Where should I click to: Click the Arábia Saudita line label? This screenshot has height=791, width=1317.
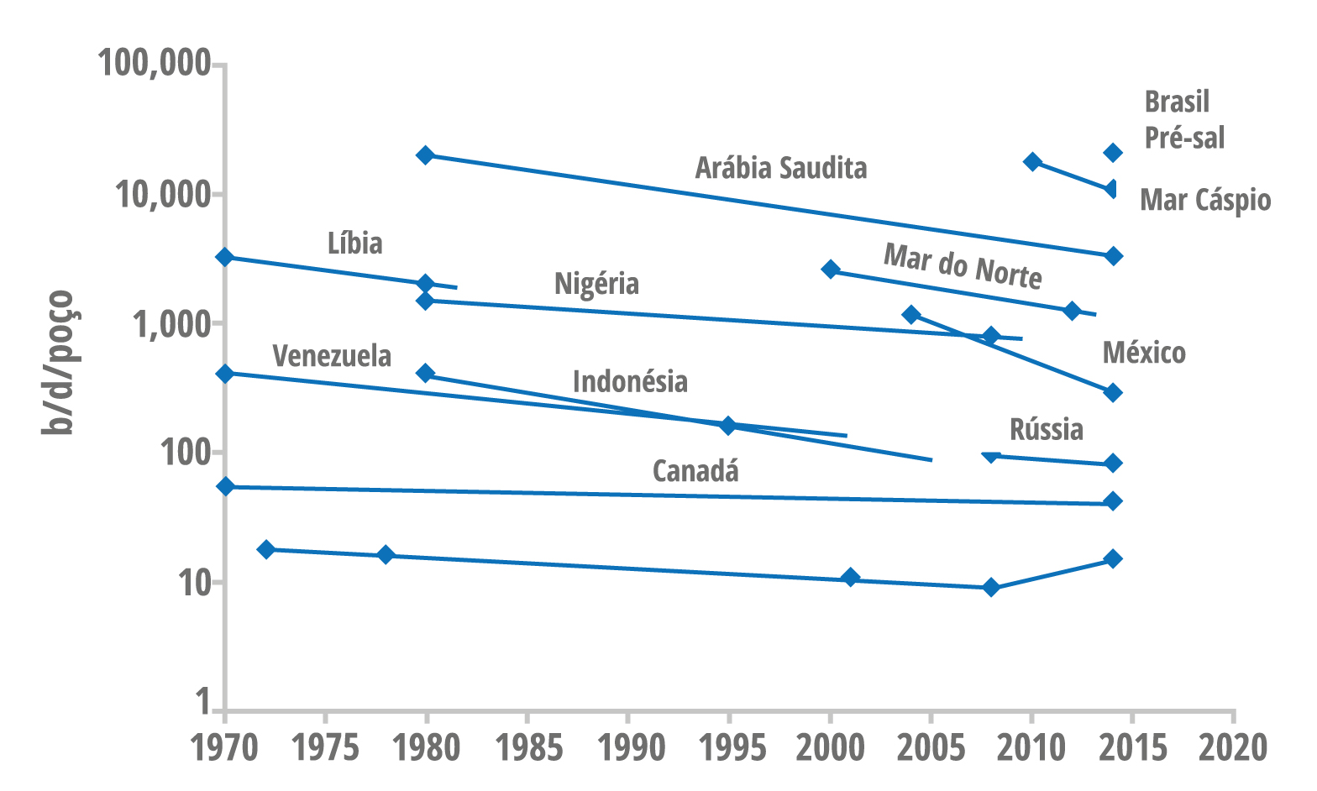point(780,168)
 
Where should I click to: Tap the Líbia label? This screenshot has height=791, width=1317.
point(354,244)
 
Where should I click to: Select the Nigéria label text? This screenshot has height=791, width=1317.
point(596,284)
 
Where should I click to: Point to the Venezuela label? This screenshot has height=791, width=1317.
point(332,356)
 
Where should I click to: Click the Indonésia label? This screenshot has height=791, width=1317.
point(630,382)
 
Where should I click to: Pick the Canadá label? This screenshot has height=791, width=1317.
point(695,471)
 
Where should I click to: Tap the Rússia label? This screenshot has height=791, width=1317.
point(1046,429)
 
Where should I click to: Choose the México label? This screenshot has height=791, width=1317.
point(1144,353)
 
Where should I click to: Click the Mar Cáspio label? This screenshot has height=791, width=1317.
point(1205,201)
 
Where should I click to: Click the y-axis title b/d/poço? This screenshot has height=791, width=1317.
point(59,363)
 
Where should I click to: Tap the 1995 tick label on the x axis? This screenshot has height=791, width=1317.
point(729,746)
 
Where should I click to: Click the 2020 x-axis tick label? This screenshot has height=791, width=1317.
point(1233,746)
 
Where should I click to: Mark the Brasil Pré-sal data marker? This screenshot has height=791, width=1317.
point(1113,152)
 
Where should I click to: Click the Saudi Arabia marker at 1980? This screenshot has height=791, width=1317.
point(426,155)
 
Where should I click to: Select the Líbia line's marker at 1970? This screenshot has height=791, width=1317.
point(224,257)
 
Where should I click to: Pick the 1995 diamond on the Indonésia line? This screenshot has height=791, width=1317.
point(728,426)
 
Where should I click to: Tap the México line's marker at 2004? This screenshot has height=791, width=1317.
point(911,315)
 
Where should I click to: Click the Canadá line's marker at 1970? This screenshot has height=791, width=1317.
point(225,486)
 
